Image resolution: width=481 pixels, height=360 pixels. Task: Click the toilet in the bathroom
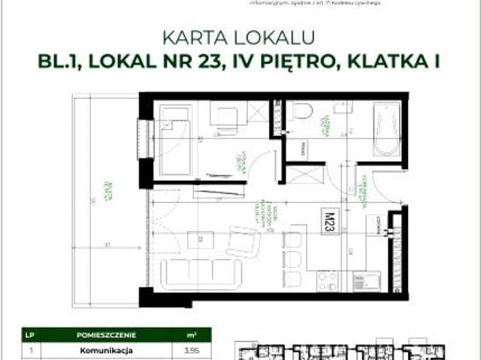(303, 111)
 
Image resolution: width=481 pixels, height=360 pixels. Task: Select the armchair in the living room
(244, 242)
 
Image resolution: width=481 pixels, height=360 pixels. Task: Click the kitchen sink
(369, 283)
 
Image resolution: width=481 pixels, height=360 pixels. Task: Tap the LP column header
(30, 334)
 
